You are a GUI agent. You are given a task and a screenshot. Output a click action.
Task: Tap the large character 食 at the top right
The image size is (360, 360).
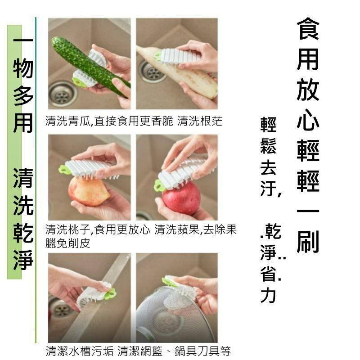[308, 29]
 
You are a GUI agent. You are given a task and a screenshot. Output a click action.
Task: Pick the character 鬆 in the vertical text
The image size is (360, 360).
[269, 146]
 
